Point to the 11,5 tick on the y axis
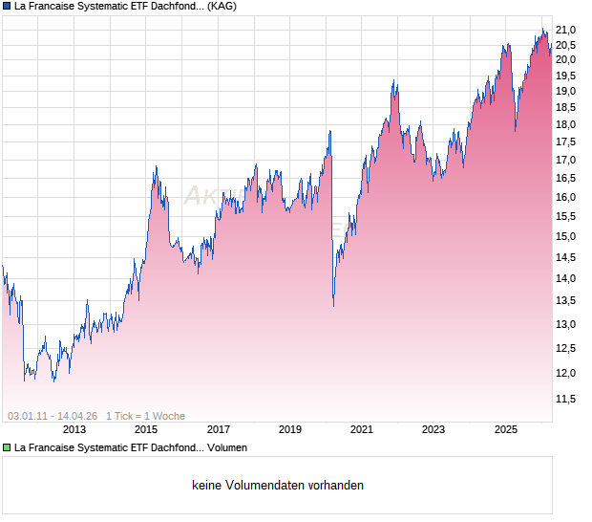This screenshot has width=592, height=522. [x=567, y=398]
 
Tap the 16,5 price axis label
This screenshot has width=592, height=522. [x=567, y=178]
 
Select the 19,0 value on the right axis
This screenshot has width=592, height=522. [x=567, y=92]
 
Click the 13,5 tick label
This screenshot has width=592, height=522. [x=567, y=300]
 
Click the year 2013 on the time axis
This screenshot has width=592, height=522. [x=74, y=429]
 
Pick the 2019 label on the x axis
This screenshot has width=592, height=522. [x=289, y=429]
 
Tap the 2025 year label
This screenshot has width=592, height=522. [x=506, y=429]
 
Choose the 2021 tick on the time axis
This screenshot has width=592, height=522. [x=361, y=429]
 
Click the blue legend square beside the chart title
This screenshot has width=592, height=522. [x=7, y=6]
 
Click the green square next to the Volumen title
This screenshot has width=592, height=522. [x=7, y=446]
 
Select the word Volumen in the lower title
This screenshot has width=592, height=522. [x=227, y=446]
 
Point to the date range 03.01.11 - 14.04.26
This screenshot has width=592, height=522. [x=53, y=416]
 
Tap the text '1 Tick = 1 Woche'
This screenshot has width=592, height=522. [x=145, y=416]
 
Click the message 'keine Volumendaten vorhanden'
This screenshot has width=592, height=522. [x=278, y=485]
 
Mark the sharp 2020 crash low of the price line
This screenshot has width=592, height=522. [x=333, y=306]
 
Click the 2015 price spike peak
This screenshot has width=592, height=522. [x=156, y=168]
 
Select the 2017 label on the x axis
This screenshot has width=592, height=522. [x=218, y=429]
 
